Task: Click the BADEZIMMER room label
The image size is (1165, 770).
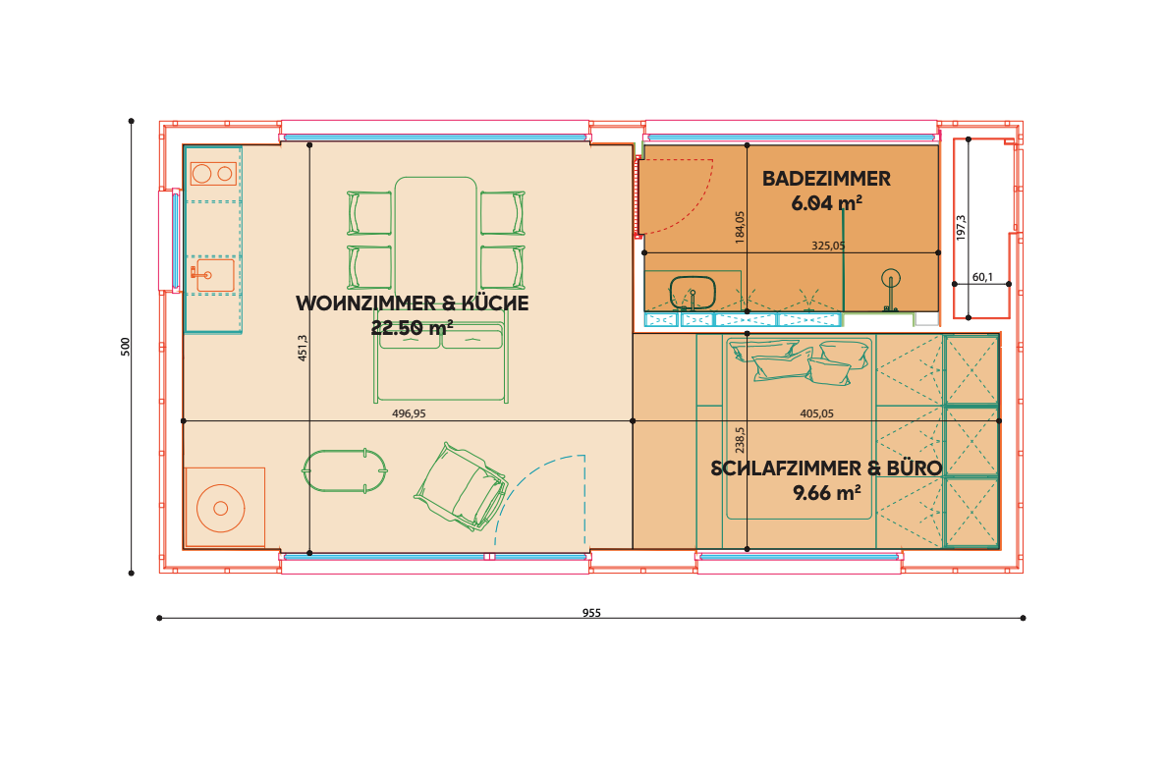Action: pyautogui.click(x=826, y=179)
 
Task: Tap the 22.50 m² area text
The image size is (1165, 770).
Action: pyautogui.click(x=412, y=327)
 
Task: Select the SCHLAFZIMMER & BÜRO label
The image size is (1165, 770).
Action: pyautogui.click(x=826, y=468)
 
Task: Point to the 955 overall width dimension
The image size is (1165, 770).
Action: pyautogui.click(x=591, y=613)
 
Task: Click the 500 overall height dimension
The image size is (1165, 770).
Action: pyautogui.click(x=126, y=347)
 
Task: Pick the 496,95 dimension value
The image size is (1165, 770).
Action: pyautogui.click(x=410, y=413)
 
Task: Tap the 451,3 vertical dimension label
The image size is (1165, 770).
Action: pyautogui.click(x=303, y=348)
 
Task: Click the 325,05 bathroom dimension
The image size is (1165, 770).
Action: pyautogui.click(x=828, y=246)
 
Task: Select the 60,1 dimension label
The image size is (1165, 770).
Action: pyautogui.click(x=982, y=277)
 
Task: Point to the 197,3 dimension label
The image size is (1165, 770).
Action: pyautogui.click(x=961, y=228)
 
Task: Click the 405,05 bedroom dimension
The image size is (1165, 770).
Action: pyautogui.click(x=816, y=413)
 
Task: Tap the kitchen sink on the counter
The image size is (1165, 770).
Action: pyautogui.click(x=213, y=275)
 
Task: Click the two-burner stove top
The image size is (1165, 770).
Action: pyautogui.click(x=213, y=174)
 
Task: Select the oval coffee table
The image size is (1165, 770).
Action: pyautogui.click(x=345, y=470)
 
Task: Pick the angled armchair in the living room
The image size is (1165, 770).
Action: pyautogui.click(x=462, y=488)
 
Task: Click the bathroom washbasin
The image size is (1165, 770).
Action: pyautogui.click(x=693, y=293)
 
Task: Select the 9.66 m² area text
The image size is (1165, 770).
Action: pyautogui.click(x=827, y=493)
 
